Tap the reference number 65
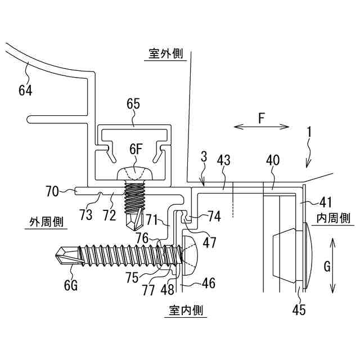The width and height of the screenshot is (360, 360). tap(133, 103)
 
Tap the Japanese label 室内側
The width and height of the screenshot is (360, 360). tap(186, 310)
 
